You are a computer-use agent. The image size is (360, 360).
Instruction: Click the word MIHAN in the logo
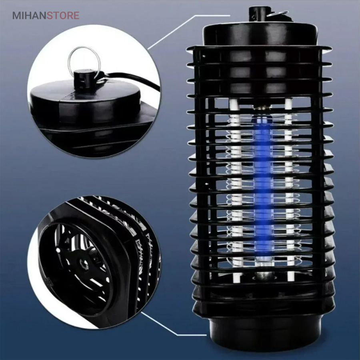tap(29, 16)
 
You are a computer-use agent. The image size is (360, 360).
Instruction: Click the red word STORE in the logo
tap(63, 16)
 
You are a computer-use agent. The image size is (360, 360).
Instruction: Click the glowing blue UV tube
tap(263, 184)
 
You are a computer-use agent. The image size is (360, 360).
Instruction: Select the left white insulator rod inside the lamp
tap(235, 190)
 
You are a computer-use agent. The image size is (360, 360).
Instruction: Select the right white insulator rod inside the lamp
tap(289, 190)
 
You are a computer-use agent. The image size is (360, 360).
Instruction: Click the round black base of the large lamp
tap(265, 331)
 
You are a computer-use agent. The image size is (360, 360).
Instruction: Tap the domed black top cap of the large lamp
tap(260, 34)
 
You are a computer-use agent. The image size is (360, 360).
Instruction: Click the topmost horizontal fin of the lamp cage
tap(260, 49)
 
